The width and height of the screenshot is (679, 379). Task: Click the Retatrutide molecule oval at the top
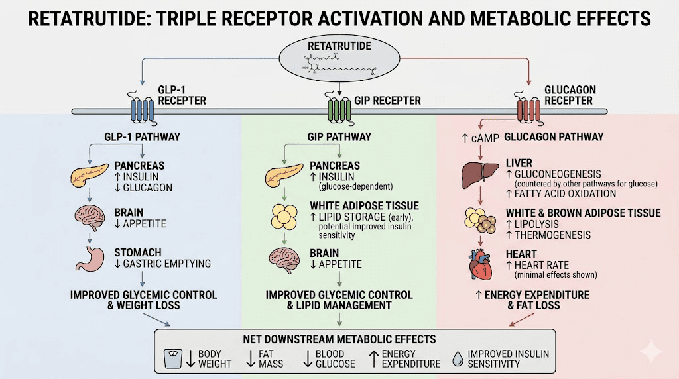(x=339, y=62)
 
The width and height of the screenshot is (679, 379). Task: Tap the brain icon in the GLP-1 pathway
(x=91, y=217)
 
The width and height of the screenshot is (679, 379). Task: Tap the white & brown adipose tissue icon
(x=480, y=221)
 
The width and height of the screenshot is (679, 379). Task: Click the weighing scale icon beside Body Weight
(x=172, y=358)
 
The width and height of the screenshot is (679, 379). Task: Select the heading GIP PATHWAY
(x=339, y=137)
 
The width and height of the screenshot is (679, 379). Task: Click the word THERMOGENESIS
(x=552, y=235)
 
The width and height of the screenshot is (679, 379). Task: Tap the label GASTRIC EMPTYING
(x=168, y=264)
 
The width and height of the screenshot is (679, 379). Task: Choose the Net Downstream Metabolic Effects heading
(x=339, y=339)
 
